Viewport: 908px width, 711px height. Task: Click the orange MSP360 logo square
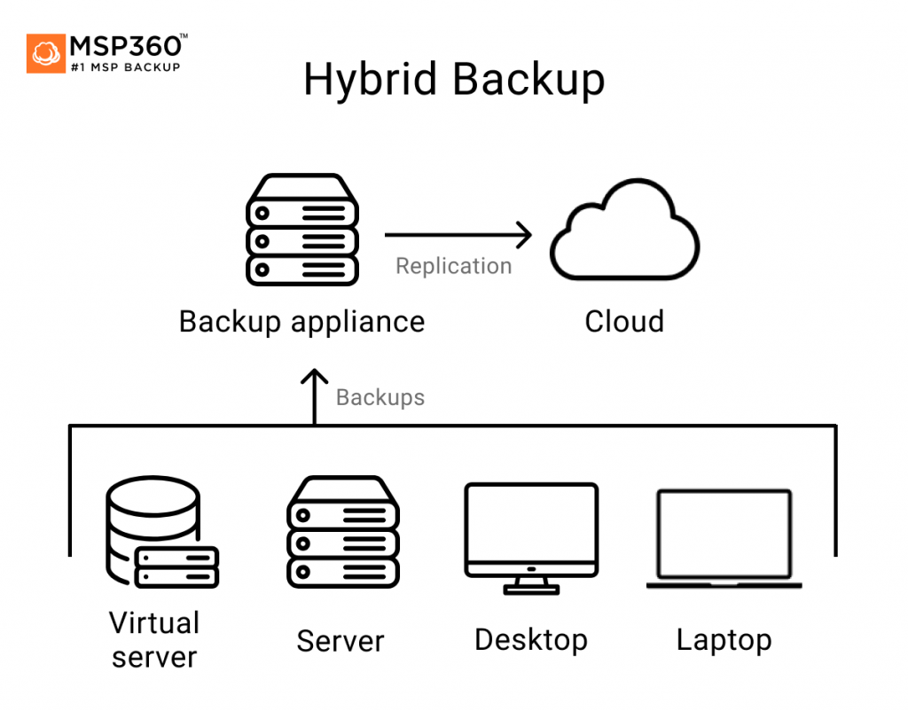click(x=46, y=53)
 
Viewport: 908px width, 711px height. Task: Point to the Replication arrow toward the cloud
click(x=458, y=235)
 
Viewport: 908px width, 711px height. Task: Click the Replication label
click(x=453, y=266)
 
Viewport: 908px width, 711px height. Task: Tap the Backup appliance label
click(x=301, y=321)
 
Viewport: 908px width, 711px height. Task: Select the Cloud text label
click(x=624, y=321)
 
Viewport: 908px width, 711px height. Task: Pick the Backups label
click(x=380, y=397)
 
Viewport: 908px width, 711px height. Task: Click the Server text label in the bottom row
click(x=340, y=641)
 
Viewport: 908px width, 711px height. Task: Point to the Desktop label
click(x=531, y=639)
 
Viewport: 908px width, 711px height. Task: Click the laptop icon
click(x=724, y=538)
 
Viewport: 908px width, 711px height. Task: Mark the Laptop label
click(x=724, y=639)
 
